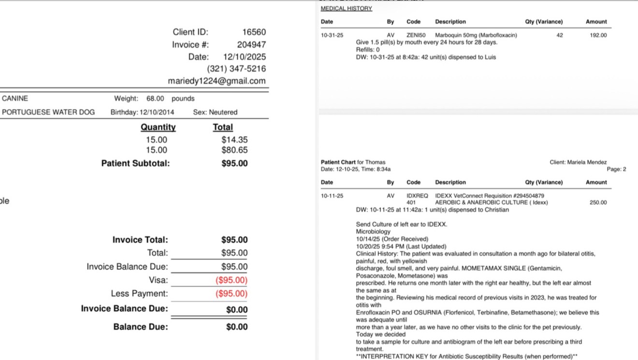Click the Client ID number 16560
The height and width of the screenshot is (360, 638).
[254, 32]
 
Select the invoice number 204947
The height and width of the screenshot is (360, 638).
[251, 44]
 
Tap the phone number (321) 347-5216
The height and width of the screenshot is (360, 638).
[236, 69]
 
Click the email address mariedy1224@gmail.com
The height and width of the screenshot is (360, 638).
[217, 81]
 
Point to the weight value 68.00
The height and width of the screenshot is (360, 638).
[155, 99]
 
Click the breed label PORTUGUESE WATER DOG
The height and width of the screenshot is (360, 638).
[48, 112]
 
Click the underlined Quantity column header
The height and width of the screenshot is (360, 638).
[158, 127]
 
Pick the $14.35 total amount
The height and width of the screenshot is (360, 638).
[234, 140]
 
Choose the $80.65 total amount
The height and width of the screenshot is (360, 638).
[234, 150]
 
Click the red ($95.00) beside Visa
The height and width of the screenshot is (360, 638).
[232, 280]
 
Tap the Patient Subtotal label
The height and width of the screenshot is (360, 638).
[135, 163]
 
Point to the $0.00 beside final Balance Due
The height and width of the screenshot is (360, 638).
[237, 327]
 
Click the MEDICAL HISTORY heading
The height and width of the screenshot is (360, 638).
[347, 9]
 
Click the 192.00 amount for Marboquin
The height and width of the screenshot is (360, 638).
[598, 35]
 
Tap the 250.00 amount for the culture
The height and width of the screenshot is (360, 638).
[598, 202]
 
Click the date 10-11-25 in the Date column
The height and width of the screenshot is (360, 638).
[332, 196]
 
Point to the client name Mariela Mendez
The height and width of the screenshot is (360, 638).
[587, 162]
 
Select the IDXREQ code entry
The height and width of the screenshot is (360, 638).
[417, 196]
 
